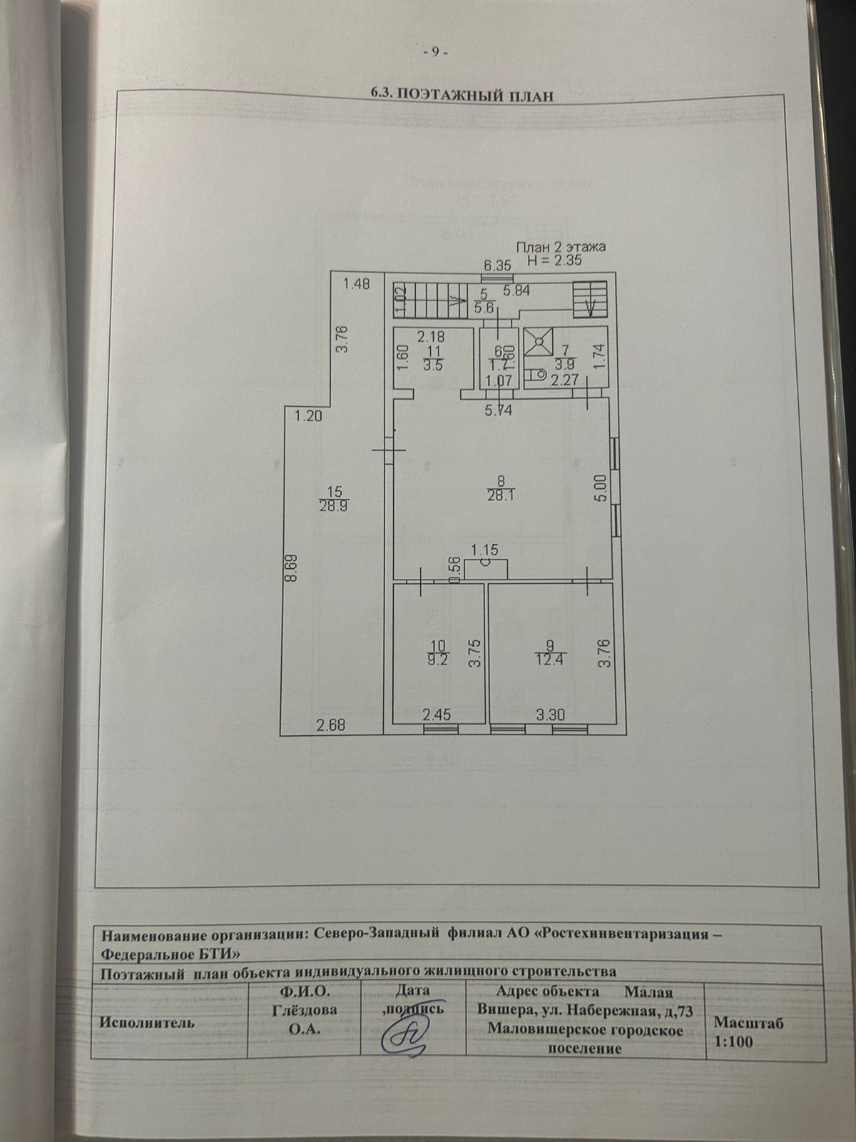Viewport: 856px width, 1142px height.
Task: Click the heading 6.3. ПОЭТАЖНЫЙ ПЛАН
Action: click(462, 95)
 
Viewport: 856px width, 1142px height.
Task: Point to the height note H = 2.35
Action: click(554, 261)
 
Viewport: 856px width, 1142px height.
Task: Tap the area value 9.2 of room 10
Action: click(437, 660)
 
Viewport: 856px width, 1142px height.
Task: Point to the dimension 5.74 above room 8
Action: click(499, 410)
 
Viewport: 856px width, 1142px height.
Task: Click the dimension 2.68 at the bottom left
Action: click(331, 726)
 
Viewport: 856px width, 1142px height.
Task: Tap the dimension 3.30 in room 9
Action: click(550, 713)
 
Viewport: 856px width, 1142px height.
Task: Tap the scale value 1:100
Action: click(733, 1041)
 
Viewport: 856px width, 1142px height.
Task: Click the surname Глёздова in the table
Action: click(305, 1011)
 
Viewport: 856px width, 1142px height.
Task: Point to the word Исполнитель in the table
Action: click(148, 1022)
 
